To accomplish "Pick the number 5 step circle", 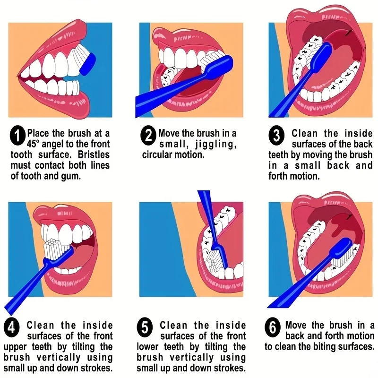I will tap(144, 327).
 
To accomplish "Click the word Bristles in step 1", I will tap(93, 155).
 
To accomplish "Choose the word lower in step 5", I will tap(150, 346).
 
